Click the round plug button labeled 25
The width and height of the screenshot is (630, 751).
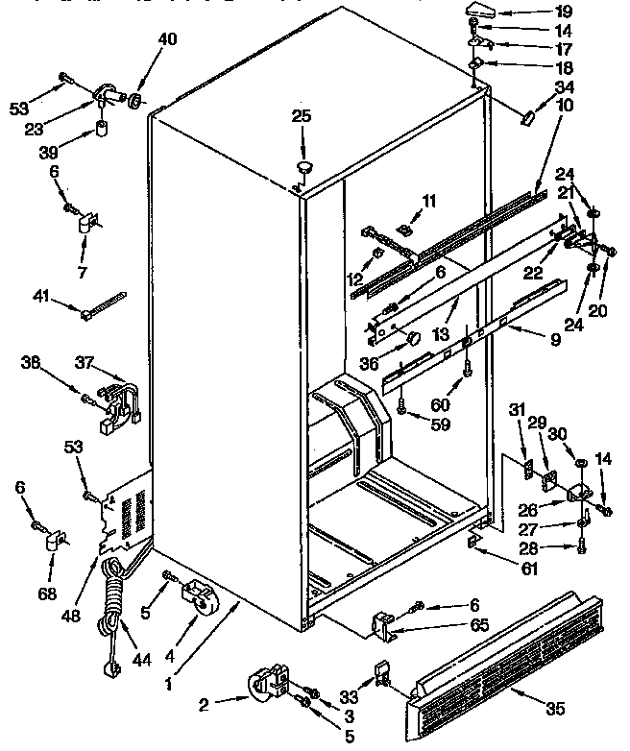pos(305,170)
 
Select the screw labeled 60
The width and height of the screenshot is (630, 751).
pos(466,365)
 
